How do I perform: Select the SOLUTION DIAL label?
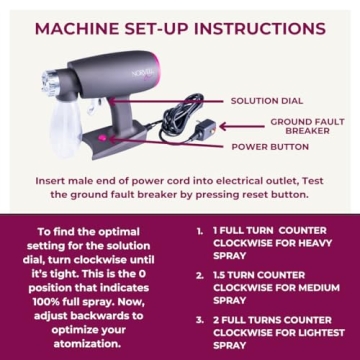tap(268, 101)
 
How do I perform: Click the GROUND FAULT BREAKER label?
tap(300, 125)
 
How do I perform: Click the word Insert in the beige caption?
tap(52, 182)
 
